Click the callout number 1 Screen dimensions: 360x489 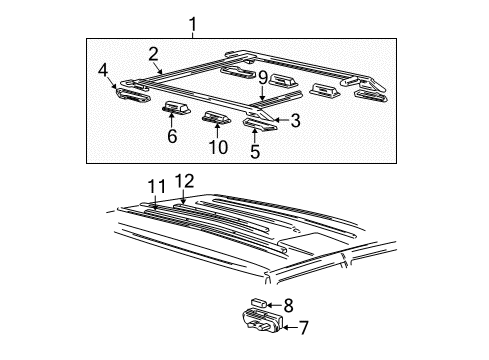point(193,22)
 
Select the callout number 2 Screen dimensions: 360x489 point(154,54)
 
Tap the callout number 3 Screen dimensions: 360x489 point(296,121)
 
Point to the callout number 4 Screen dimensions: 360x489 point(103,70)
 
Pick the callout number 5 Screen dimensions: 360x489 point(255,153)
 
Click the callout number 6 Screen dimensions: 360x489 point(172,136)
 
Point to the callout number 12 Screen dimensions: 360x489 point(183,181)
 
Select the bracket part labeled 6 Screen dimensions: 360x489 point(177,110)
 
